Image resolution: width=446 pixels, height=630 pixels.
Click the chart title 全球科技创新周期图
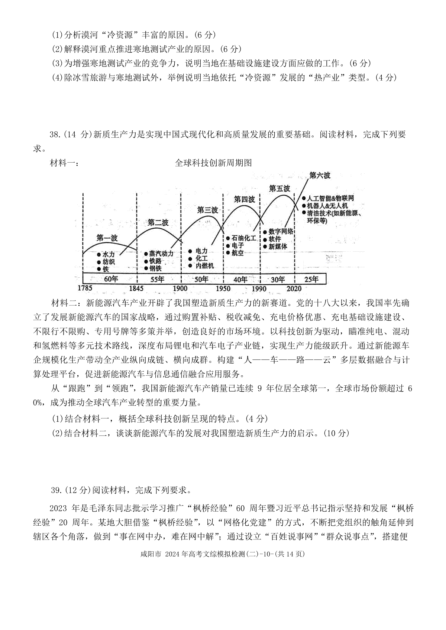(x=213, y=163)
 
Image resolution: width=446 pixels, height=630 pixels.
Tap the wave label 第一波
(x=107, y=238)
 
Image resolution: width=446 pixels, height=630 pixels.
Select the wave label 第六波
(x=320, y=176)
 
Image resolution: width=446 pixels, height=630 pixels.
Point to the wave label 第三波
(x=207, y=210)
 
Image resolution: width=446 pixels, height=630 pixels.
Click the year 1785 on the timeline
(x=85, y=288)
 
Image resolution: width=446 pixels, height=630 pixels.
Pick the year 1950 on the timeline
(x=223, y=288)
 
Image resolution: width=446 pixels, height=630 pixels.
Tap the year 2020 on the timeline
(x=294, y=288)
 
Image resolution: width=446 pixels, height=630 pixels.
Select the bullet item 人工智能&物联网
(x=328, y=198)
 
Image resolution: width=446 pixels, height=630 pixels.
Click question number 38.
(x=55, y=135)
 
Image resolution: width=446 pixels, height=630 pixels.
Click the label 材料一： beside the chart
(x=64, y=163)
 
